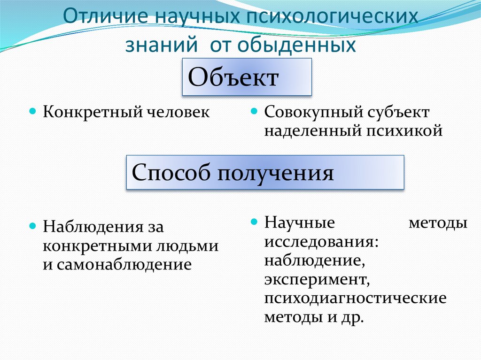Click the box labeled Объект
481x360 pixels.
click(x=247, y=77)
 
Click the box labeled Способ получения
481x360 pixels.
click(x=265, y=173)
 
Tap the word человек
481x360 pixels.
click(x=178, y=112)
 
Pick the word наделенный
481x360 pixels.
click(x=311, y=130)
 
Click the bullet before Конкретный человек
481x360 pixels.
click(x=32, y=112)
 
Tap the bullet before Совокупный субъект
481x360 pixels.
click(x=253, y=112)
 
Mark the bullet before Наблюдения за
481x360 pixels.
click(x=32, y=226)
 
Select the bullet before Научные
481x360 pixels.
click(x=253, y=220)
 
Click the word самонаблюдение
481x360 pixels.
click(x=124, y=264)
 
